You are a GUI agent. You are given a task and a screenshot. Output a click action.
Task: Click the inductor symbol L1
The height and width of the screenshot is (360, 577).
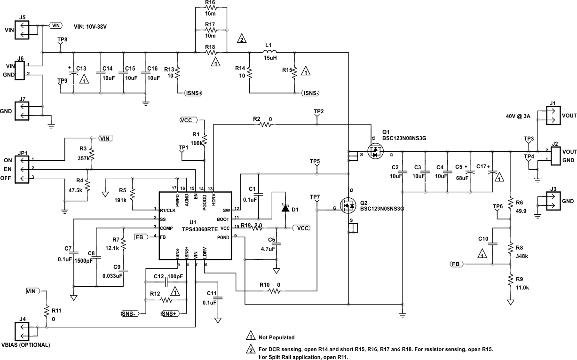pos(269,52)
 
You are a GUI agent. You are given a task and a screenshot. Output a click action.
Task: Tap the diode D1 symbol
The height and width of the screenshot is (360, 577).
pos(285,207)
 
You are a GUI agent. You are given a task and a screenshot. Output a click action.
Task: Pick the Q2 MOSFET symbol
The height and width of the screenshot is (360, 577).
pos(348,205)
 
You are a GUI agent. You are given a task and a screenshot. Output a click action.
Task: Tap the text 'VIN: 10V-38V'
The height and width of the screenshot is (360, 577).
pos(90,27)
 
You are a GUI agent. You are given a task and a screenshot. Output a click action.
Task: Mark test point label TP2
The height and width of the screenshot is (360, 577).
pos(318,111)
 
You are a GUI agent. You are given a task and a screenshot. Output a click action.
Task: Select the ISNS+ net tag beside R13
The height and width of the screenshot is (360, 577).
pos(193,93)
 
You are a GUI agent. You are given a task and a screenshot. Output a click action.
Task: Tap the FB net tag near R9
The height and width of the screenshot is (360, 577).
pos(456,264)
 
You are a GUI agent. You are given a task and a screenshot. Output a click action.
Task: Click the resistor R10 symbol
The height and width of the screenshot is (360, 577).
pos(275,291)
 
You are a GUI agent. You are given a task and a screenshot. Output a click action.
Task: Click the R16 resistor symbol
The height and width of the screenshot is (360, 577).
pos(210,8)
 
